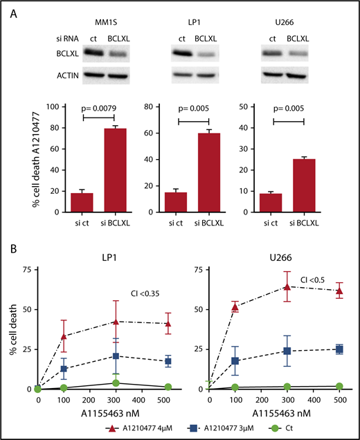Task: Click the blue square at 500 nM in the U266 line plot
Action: click(x=339, y=349)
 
